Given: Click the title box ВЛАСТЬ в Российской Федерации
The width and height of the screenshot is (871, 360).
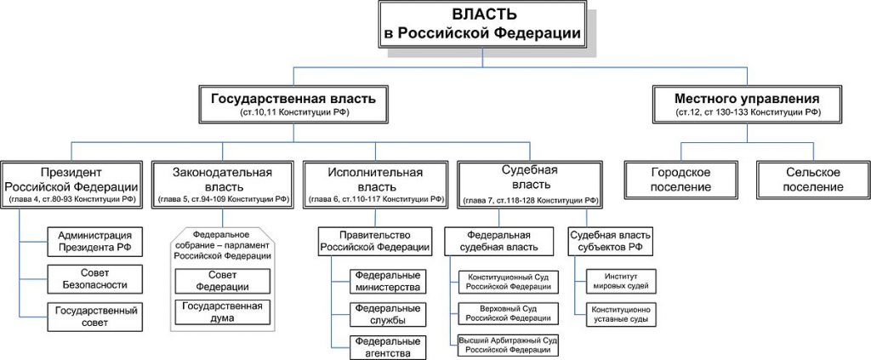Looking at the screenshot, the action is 483,25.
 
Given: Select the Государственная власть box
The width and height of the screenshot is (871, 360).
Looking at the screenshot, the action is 293,104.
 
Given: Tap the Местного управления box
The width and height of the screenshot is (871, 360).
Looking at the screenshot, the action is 747,104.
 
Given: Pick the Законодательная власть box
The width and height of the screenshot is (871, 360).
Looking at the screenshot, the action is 223,185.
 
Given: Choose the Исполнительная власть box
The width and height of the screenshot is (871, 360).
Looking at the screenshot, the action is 375,185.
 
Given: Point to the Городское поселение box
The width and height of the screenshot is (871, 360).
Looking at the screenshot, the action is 681,180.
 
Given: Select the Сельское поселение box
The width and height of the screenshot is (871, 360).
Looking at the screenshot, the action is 813,180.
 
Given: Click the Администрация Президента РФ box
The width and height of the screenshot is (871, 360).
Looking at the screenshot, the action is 94,241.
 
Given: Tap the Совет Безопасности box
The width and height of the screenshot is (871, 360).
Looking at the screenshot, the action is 94,279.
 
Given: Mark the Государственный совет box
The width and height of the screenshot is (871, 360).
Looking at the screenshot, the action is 94,317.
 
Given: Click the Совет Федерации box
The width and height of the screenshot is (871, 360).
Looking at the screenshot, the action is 222,282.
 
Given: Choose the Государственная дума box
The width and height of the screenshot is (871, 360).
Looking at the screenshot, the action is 222,311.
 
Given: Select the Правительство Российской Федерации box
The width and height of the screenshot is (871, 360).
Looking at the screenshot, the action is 375,241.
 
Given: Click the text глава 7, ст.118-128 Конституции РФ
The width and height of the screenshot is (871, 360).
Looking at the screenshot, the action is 530,200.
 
